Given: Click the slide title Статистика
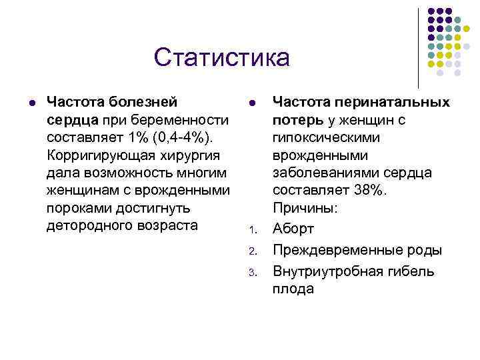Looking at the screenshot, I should [221, 57].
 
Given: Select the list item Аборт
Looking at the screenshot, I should [293, 229].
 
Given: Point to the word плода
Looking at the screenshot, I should [292, 289].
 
